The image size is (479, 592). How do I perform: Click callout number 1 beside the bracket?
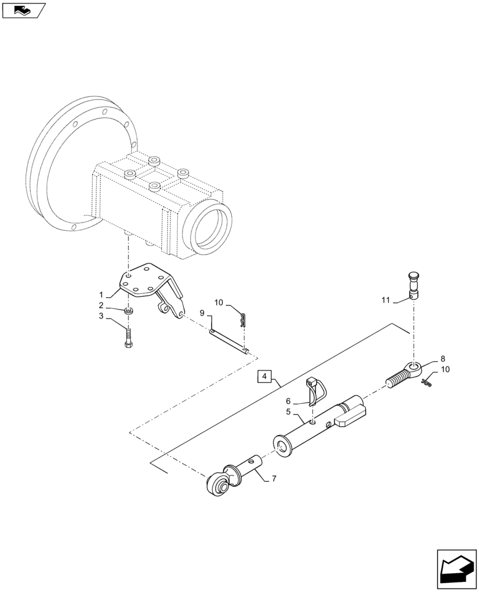[102, 294]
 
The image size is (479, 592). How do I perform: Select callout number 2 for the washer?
[101, 305]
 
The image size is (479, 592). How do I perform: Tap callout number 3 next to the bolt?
[101, 317]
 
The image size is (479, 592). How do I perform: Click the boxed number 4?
[265, 377]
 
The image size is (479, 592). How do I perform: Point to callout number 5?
[288, 411]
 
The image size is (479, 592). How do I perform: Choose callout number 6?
[289, 401]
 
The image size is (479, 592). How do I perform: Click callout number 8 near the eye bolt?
[442, 359]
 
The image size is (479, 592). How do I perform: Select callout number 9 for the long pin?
[202, 312]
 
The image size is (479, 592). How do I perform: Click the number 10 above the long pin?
[219, 303]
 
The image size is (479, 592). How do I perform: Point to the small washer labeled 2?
[129, 311]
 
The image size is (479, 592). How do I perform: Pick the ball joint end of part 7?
[217, 484]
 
